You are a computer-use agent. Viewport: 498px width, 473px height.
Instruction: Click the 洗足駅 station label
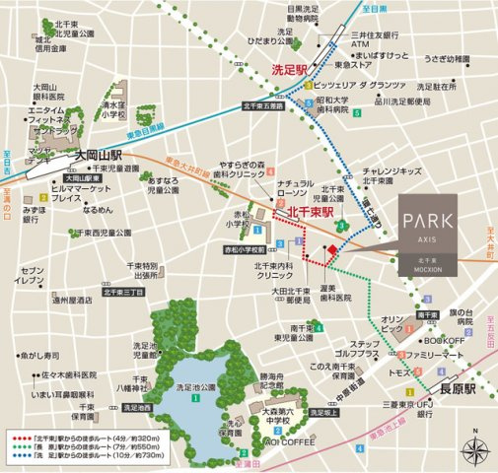pos(292,70)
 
